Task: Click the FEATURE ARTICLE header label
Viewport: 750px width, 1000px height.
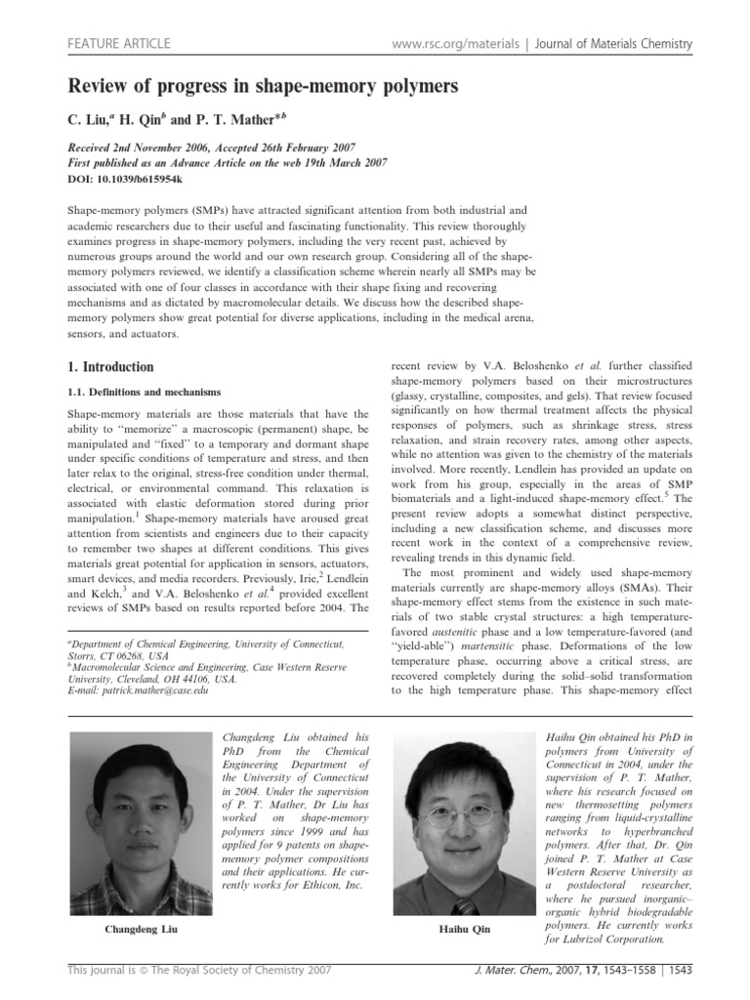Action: (x=117, y=44)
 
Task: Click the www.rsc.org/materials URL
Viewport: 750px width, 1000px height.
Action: (x=450, y=44)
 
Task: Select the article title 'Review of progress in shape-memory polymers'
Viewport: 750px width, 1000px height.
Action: (x=262, y=88)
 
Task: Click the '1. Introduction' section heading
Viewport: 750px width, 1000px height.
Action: (x=109, y=367)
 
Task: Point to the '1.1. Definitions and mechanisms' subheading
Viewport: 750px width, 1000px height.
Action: (x=137, y=391)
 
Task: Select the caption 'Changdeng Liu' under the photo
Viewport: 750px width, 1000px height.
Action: (x=143, y=929)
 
